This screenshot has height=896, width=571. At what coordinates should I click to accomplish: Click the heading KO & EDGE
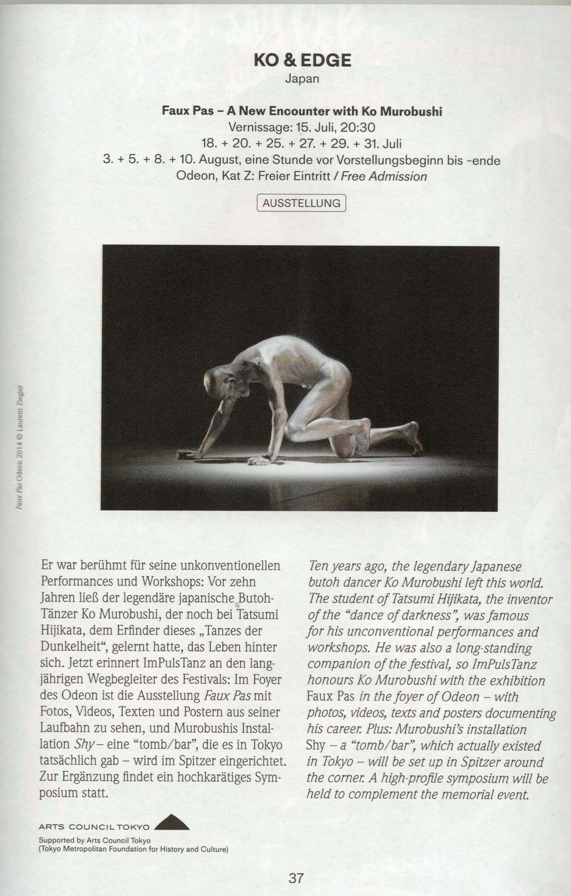tap(302, 60)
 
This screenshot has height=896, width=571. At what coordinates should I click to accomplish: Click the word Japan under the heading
tap(302, 79)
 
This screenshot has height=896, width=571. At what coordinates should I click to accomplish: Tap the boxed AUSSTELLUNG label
tap(301, 203)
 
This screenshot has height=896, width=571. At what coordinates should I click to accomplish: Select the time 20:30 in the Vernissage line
tap(357, 128)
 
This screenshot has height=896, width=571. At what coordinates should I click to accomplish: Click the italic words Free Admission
tap(384, 177)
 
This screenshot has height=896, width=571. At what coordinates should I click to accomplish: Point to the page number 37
tap(296, 878)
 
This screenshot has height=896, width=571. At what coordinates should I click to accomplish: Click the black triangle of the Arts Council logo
tap(172, 823)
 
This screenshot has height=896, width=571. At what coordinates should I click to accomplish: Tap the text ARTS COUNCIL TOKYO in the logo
tap(94, 827)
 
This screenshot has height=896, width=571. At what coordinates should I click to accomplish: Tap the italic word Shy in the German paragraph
tap(82, 744)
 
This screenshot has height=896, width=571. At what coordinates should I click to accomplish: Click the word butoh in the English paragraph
tap(322, 582)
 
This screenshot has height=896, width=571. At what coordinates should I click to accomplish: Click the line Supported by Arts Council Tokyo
tap(95, 840)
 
